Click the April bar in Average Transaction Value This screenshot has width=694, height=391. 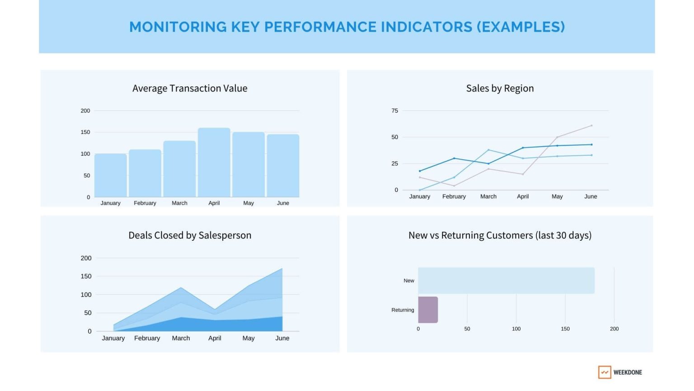(x=214, y=162)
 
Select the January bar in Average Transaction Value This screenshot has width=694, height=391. (x=110, y=176)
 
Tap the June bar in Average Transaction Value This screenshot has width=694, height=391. (x=283, y=166)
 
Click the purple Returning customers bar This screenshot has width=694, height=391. (x=428, y=310)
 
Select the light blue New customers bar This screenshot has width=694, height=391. (x=506, y=281)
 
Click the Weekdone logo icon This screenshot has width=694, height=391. (x=604, y=372)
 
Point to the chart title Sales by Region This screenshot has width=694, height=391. (x=500, y=88)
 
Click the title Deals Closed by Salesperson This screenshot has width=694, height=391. (x=190, y=235)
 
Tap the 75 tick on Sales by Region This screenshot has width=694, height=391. (x=394, y=111)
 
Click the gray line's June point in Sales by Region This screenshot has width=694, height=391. (x=591, y=126)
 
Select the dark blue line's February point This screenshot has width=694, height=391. (x=454, y=158)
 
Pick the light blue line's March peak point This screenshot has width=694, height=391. (x=488, y=150)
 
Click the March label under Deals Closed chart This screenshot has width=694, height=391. (x=181, y=338)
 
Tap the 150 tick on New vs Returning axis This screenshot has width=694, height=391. (x=565, y=329)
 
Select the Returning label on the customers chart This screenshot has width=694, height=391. (x=403, y=310)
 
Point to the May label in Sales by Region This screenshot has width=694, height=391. (x=557, y=196)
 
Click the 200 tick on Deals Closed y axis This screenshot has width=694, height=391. (x=86, y=258)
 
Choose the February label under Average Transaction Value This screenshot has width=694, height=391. (x=145, y=203)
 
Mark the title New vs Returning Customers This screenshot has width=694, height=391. (x=500, y=235)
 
